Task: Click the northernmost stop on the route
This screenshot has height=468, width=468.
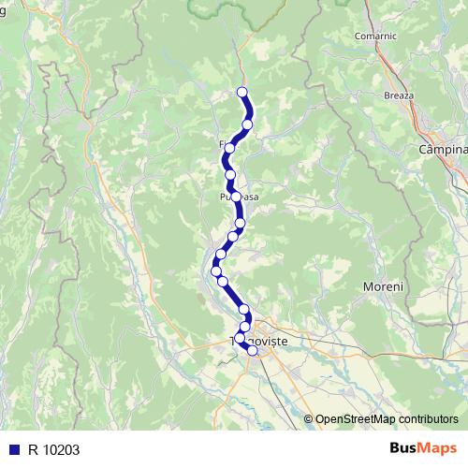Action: coord(241,92)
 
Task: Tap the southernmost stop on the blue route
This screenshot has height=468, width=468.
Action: coord(252,351)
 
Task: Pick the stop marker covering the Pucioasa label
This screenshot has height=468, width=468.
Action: coord(236,197)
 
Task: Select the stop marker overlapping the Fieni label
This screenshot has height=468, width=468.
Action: coord(229,148)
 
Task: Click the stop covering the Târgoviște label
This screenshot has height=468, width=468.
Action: coord(240,338)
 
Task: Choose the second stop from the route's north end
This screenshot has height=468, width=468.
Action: coord(247,124)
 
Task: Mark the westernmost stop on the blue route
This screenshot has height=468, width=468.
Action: coord(216,271)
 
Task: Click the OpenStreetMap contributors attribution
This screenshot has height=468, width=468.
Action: coord(387,419)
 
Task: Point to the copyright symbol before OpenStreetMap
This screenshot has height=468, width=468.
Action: coord(309,419)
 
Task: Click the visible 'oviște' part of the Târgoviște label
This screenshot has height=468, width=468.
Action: coord(269,344)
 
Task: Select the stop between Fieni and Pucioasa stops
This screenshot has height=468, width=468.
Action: coord(230,174)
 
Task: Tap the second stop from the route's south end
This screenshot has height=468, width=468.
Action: coord(240,338)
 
